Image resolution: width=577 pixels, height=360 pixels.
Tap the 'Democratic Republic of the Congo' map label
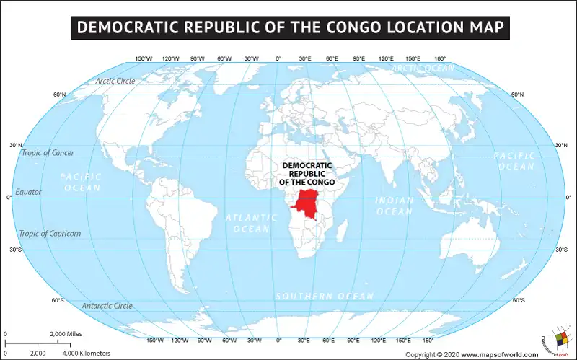[x=306, y=174]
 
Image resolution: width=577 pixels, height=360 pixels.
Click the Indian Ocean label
[x=395, y=206]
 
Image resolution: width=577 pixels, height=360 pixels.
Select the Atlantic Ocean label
[x=247, y=223]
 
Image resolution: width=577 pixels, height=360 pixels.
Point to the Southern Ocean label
[x=325, y=297]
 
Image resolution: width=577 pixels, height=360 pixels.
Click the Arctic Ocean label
[x=423, y=68]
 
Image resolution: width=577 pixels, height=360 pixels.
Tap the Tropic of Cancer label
[x=47, y=152]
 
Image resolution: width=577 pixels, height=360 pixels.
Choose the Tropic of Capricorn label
[x=50, y=233]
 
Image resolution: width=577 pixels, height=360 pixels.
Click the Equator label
[x=29, y=192]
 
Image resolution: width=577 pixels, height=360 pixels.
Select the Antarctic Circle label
[x=107, y=306]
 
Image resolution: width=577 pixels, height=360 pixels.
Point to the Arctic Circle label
[x=115, y=81]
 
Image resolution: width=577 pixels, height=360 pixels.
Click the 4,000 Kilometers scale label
[x=87, y=354]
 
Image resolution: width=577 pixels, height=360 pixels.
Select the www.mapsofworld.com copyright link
[x=499, y=354]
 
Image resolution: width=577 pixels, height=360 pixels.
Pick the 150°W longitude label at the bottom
[x=155, y=340]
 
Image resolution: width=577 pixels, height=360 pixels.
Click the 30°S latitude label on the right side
[x=562, y=250]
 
